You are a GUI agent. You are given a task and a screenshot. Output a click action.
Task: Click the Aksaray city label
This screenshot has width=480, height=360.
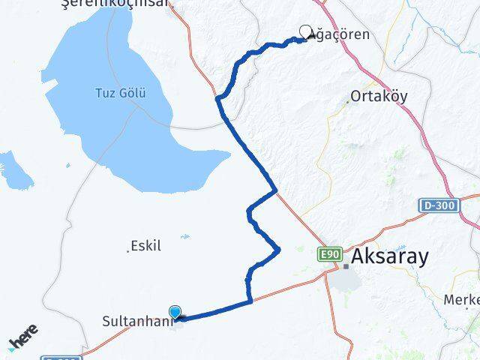(390, 256)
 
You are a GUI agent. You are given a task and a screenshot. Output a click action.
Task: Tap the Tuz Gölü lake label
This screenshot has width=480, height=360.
(120, 94)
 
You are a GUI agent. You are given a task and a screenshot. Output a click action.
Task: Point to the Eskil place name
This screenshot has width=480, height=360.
(145, 245)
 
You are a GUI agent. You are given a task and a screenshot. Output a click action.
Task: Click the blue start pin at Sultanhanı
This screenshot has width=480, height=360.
(175, 313)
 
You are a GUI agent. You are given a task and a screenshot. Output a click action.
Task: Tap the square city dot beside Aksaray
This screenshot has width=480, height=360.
(346, 266)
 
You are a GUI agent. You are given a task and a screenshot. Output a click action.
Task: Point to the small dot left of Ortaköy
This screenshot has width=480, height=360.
(348, 101)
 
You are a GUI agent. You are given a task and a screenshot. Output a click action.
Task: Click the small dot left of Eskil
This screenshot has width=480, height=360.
(128, 250)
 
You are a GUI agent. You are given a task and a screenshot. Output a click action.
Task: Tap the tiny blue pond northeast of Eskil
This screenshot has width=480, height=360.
(184, 237)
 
